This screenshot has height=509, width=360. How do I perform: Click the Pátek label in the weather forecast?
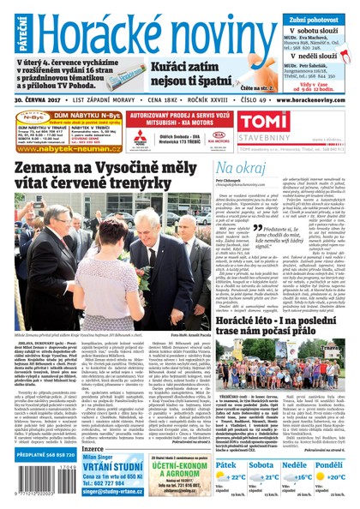225,465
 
